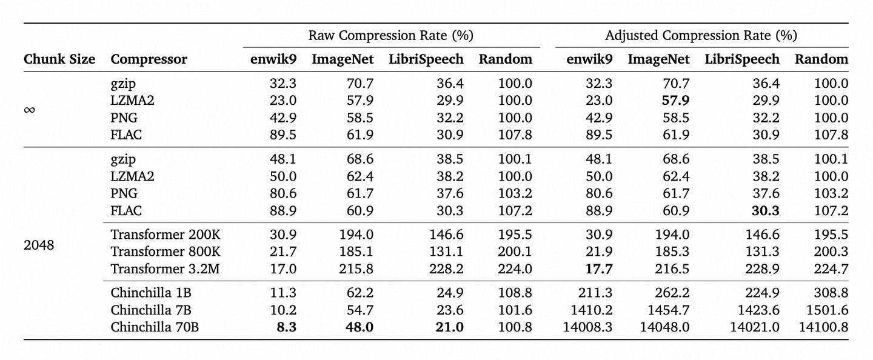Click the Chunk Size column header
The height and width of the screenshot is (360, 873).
click(x=59, y=59)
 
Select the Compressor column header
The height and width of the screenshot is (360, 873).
click(x=149, y=59)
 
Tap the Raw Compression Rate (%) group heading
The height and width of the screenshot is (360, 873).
click(x=390, y=36)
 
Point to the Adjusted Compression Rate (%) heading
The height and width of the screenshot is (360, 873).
click(x=701, y=36)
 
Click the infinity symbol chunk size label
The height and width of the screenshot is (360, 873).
click(x=29, y=110)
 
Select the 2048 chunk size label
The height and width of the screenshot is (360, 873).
click(x=39, y=246)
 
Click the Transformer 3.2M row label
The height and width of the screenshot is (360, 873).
click(x=165, y=268)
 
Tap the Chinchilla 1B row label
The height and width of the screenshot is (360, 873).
click(x=151, y=293)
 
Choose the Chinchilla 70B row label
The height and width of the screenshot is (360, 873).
click(x=155, y=327)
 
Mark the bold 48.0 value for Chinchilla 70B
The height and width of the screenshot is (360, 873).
click(x=360, y=327)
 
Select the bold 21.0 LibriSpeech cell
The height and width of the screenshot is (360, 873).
click(x=449, y=327)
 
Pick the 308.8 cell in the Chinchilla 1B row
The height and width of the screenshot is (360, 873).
click(x=831, y=293)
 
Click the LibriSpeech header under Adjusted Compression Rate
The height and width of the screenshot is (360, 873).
click(x=742, y=59)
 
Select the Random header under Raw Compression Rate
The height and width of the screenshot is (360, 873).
click(x=505, y=59)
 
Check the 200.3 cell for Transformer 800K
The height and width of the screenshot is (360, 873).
click(x=831, y=252)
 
